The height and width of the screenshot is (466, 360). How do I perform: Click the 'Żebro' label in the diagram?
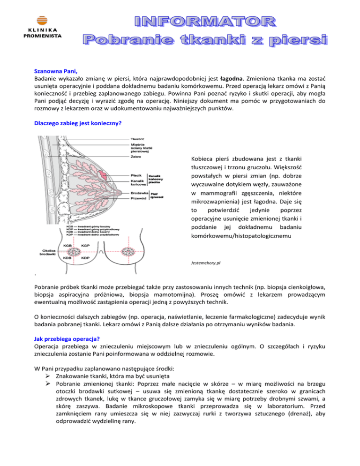click(136, 157)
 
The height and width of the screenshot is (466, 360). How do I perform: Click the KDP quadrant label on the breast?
click(86, 257)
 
